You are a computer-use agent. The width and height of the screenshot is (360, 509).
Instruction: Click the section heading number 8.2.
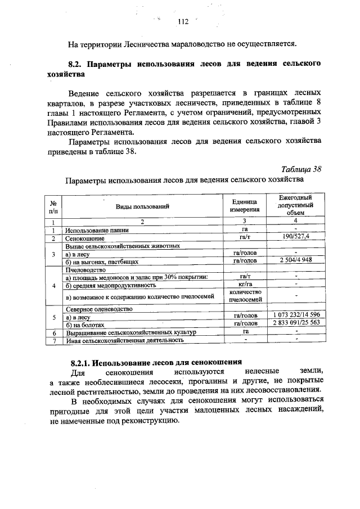tap(76, 64)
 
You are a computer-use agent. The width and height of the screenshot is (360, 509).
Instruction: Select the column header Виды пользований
tap(142, 206)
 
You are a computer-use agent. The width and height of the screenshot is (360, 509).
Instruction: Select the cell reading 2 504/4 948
tap(295, 262)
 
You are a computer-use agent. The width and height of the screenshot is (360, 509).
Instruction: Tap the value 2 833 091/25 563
tap(295, 323)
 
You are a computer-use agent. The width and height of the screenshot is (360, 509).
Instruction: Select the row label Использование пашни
tap(97, 230)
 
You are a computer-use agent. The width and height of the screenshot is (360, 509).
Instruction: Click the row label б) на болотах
tap(85, 324)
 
